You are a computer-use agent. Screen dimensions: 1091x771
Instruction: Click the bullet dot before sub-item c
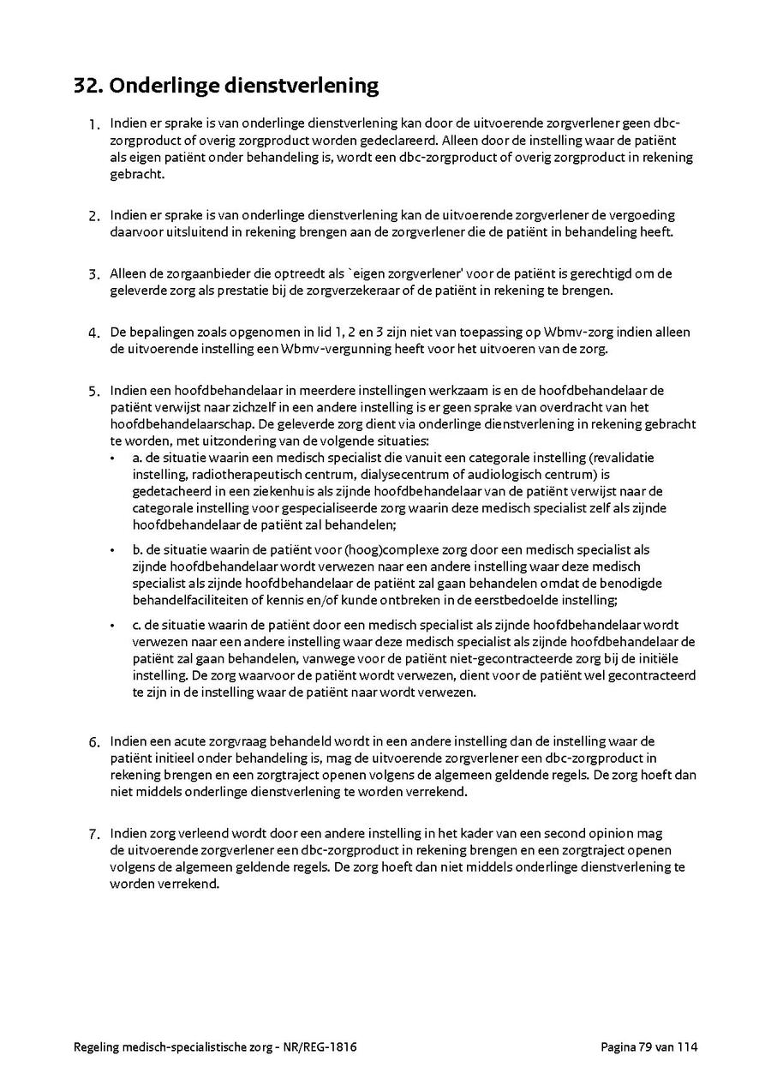tap(112, 626)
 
